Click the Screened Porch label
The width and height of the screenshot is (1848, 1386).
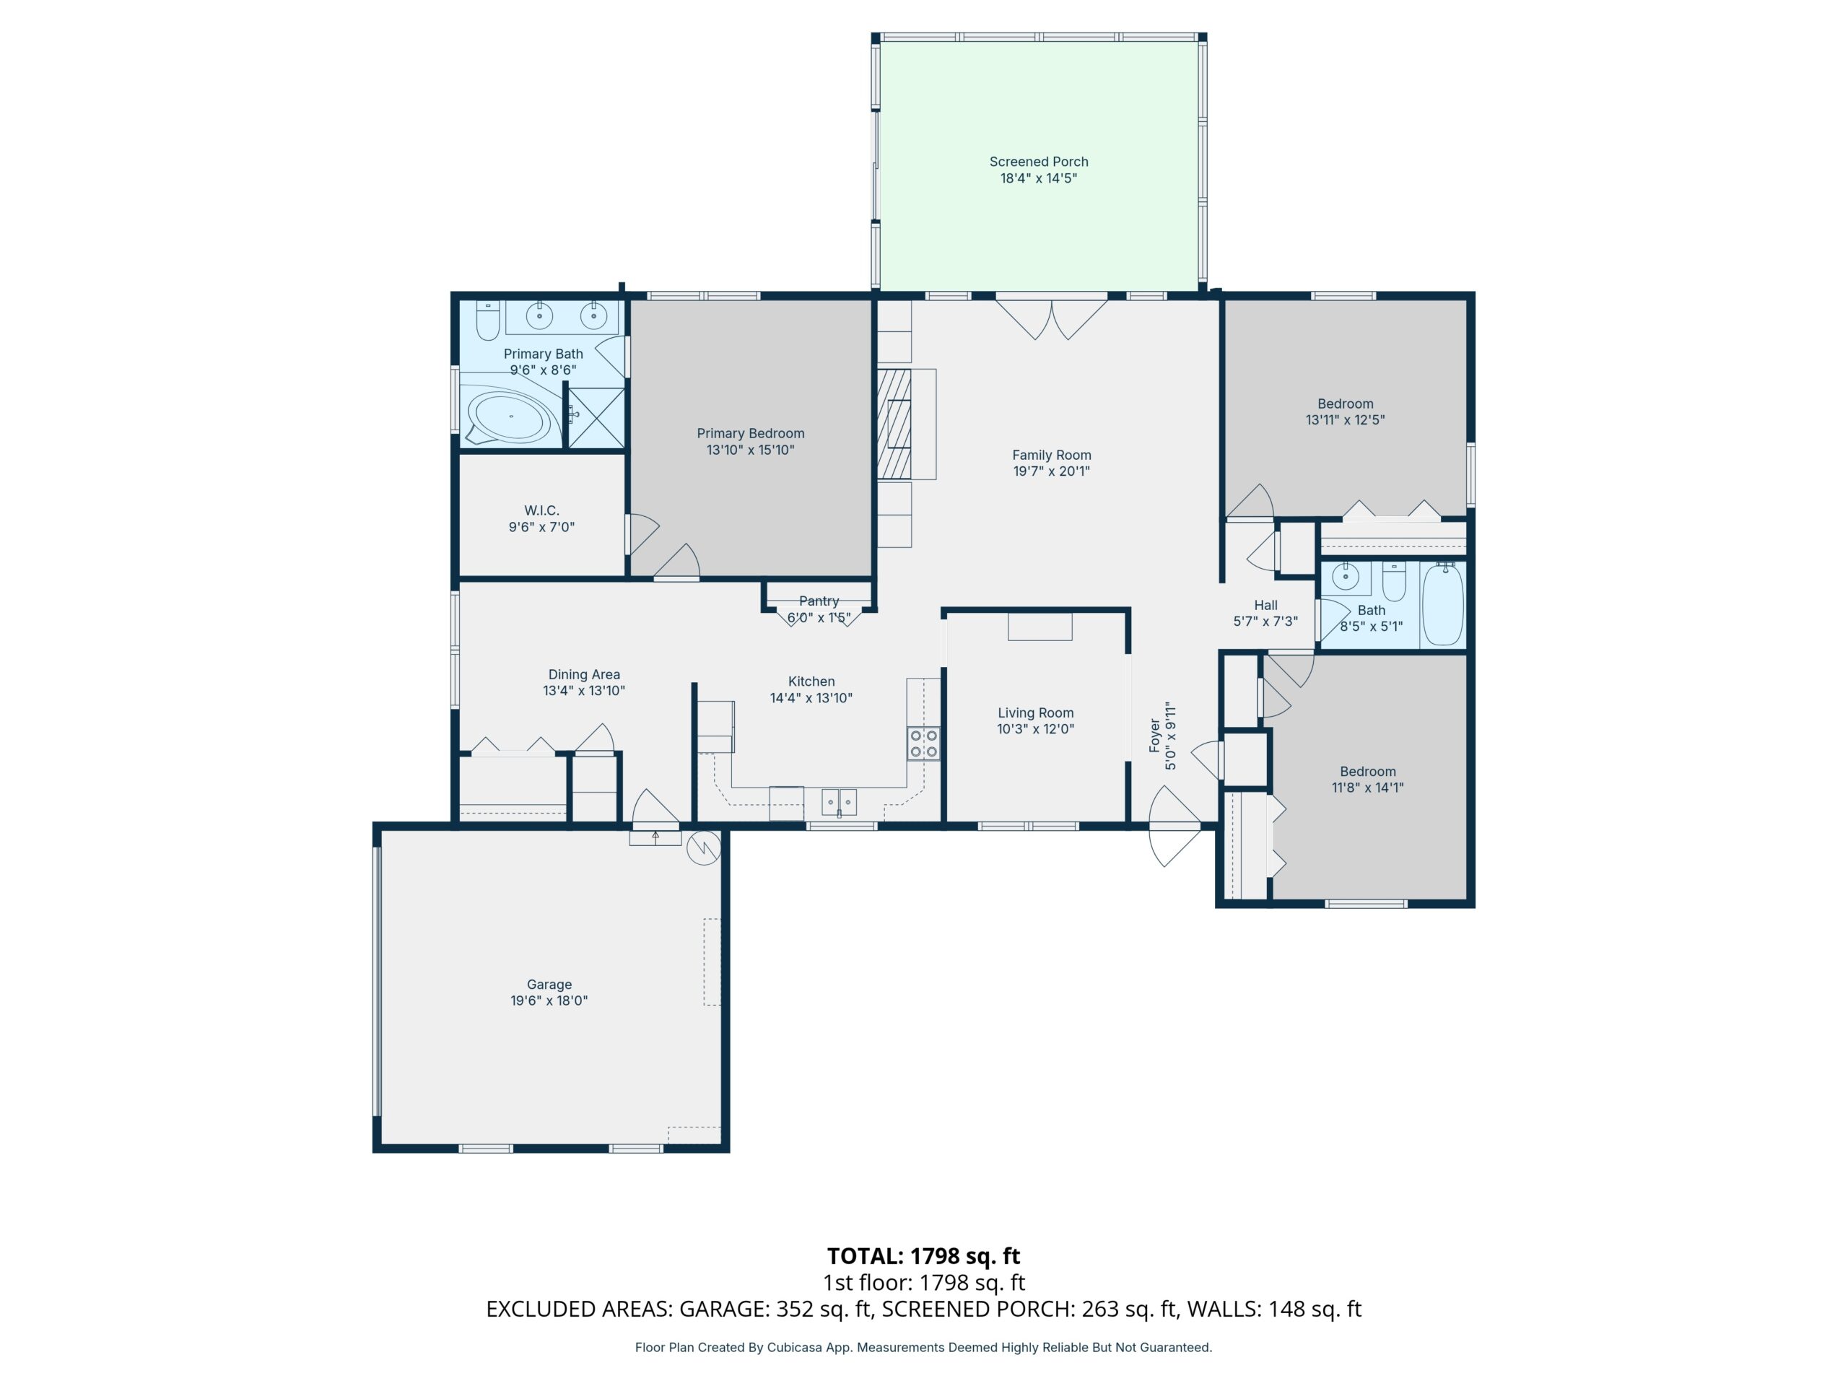click(1039, 161)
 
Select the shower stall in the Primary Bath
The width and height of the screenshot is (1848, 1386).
click(596, 417)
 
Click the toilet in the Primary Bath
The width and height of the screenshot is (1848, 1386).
click(488, 320)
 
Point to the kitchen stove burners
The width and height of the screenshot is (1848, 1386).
click(923, 744)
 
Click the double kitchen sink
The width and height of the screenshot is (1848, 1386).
click(839, 801)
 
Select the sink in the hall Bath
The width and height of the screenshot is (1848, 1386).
click(1345, 577)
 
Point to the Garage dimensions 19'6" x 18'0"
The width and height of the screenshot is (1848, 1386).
click(549, 1000)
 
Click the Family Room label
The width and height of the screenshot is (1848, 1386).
click(1052, 455)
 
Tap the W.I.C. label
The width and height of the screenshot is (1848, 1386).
click(541, 510)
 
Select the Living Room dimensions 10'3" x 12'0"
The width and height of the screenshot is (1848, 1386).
click(1035, 728)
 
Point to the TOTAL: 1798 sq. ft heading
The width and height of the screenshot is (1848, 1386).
click(923, 1255)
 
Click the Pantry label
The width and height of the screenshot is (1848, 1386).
click(819, 601)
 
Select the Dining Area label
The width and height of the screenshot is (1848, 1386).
click(584, 674)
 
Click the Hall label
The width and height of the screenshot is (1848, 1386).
click(1265, 605)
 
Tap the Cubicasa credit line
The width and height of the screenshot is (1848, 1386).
click(923, 1347)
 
